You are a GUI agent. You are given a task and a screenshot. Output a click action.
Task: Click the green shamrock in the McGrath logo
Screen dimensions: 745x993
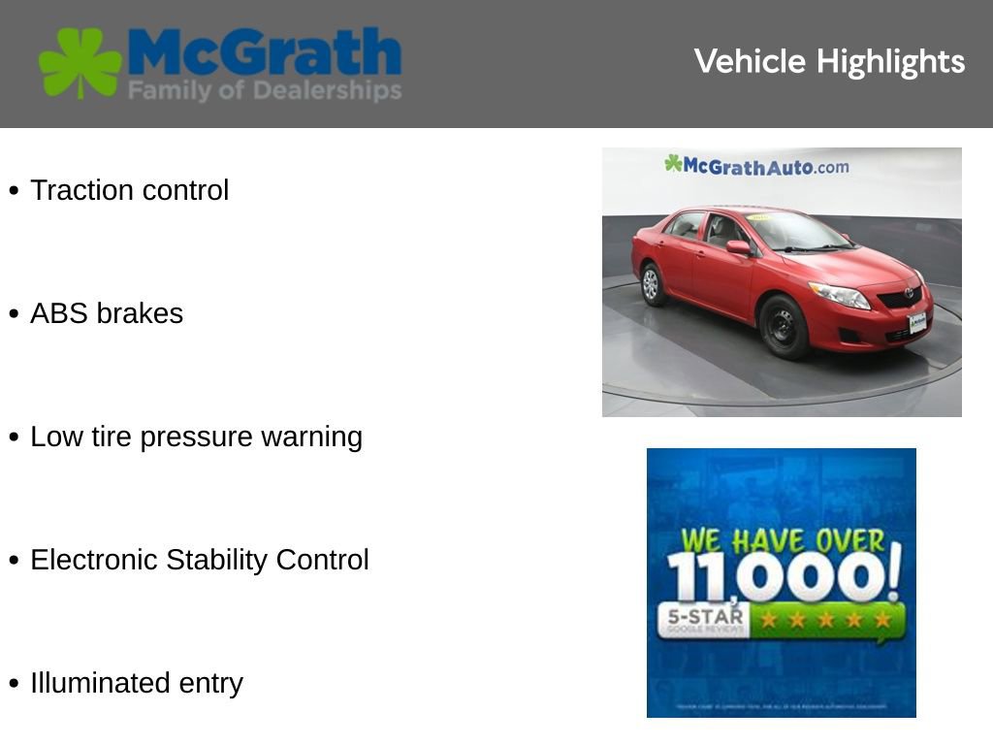click(80, 62)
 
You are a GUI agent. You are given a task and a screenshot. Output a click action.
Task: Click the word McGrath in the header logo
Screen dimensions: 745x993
click(264, 52)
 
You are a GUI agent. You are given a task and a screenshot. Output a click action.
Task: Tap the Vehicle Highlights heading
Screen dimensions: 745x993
click(829, 62)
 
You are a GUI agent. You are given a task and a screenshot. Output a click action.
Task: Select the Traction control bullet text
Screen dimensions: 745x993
click(129, 190)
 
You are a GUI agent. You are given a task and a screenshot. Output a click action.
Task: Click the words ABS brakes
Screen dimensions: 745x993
click(107, 313)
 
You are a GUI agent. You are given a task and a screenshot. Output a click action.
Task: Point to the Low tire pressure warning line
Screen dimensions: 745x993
click(196, 437)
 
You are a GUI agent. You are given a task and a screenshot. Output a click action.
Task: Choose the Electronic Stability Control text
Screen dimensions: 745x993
click(200, 560)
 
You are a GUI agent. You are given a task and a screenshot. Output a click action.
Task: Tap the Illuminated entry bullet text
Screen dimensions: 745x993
click(137, 683)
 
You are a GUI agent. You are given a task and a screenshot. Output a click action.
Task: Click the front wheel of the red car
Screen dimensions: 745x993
click(784, 327)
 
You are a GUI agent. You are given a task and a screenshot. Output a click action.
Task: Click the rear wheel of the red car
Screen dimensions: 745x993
click(652, 283)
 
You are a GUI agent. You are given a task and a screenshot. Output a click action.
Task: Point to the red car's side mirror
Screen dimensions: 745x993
click(739, 248)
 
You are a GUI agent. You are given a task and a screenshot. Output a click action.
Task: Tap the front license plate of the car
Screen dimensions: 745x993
click(916, 323)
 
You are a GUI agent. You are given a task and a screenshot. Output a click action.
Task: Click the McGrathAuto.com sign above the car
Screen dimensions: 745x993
click(756, 166)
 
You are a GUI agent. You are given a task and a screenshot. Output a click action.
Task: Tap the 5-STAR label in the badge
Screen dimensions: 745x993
click(705, 617)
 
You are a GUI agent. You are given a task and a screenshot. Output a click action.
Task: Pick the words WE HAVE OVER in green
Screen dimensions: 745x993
click(783, 540)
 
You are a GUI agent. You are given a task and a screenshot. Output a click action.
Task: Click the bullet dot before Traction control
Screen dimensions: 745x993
click(14, 191)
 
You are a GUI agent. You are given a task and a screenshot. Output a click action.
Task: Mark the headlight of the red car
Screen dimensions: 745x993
click(840, 295)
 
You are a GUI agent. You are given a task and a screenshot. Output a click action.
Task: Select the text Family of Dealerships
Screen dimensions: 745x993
click(264, 91)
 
